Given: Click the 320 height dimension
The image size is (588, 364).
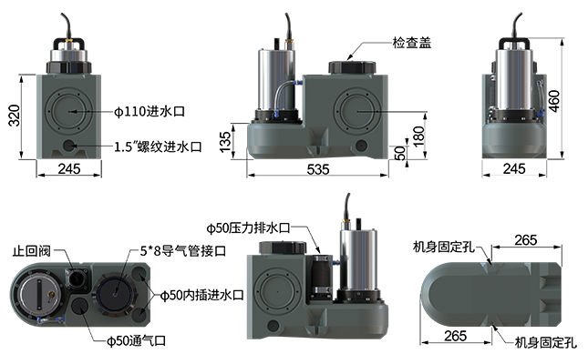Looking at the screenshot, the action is (x=15, y=116).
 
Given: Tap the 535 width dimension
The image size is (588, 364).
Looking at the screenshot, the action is (x=318, y=169).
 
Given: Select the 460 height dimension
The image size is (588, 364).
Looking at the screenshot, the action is (x=554, y=101).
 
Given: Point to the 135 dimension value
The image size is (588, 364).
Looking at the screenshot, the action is (x=225, y=142).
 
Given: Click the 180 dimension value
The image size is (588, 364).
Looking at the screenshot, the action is (x=418, y=136).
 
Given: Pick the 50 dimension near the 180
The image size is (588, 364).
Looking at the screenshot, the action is (x=400, y=153).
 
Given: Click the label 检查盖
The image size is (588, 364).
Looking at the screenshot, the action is (x=412, y=43).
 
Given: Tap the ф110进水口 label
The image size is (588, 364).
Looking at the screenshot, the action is (x=150, y=111).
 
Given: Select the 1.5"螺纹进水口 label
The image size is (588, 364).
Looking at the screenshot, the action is (x=158, y=147).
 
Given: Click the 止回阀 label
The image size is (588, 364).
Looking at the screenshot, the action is (x=32, y=250).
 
